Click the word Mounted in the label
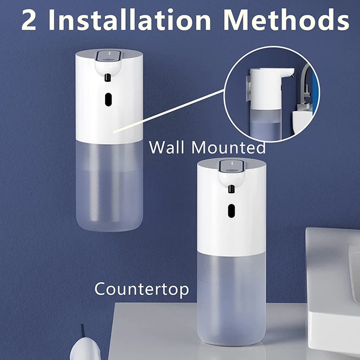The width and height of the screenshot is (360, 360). coord(229,147)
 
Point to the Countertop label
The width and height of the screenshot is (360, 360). coord(142,290)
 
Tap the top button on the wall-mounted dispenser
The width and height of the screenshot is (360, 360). coord(108,57)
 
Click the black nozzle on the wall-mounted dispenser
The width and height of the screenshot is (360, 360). coord(108,77)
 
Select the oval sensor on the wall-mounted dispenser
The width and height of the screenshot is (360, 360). coord(108,99)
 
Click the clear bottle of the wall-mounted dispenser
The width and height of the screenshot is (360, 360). coord(109,186)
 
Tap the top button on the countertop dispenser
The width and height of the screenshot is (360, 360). coord(232,166)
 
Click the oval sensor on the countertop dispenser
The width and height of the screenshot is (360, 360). coord(231,211)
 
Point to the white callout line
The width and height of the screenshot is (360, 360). coord(168,111)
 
